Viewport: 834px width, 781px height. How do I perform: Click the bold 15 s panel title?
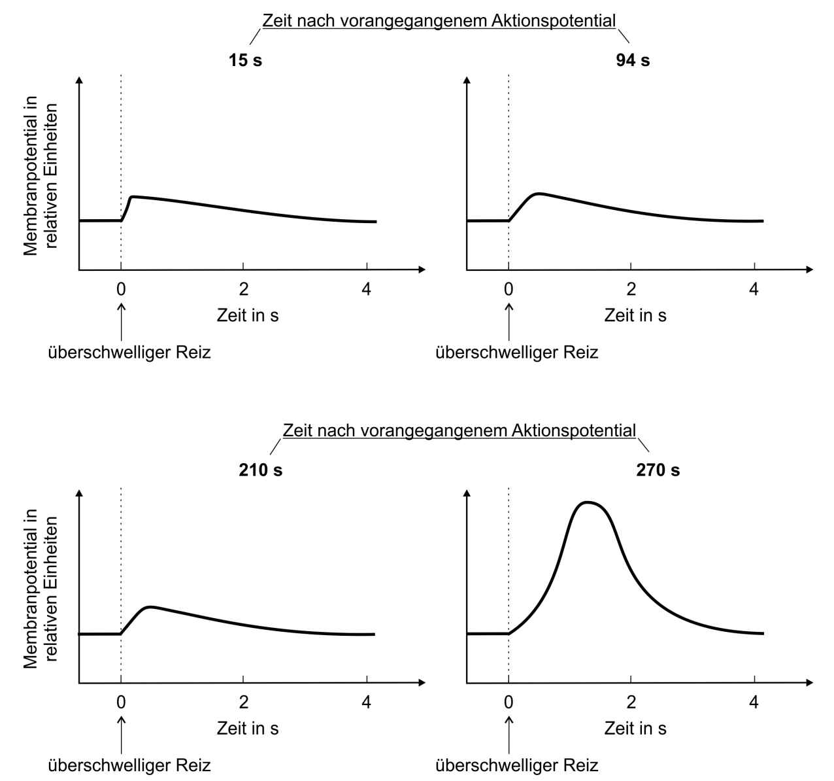pos(245,61)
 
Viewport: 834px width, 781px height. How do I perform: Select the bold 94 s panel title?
pos(633,61)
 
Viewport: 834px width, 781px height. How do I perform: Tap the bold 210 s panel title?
pos(260,470)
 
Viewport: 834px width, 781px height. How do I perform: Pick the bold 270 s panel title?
pos(658,470)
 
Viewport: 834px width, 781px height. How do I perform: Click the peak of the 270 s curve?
pos(588,502)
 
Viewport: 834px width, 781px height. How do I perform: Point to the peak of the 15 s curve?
pos(133,196)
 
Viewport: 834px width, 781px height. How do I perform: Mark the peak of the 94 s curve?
pos(539,194)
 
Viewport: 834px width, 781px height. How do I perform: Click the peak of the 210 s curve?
pos(151,607)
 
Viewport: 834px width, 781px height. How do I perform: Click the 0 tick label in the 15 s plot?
pos(121,288)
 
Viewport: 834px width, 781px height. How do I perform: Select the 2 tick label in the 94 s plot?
pos(631,288)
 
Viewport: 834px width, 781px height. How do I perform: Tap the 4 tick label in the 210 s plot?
pos(366,703)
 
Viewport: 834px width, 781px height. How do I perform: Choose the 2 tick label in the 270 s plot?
pos(631,703)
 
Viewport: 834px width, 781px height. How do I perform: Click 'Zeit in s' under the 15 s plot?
pos(248,315)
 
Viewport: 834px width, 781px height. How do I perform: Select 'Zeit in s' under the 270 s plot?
pos(635,728)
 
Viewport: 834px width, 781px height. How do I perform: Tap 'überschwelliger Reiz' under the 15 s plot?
pos(130,353)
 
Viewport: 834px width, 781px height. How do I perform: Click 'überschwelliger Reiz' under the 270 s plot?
pos(517,765)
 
